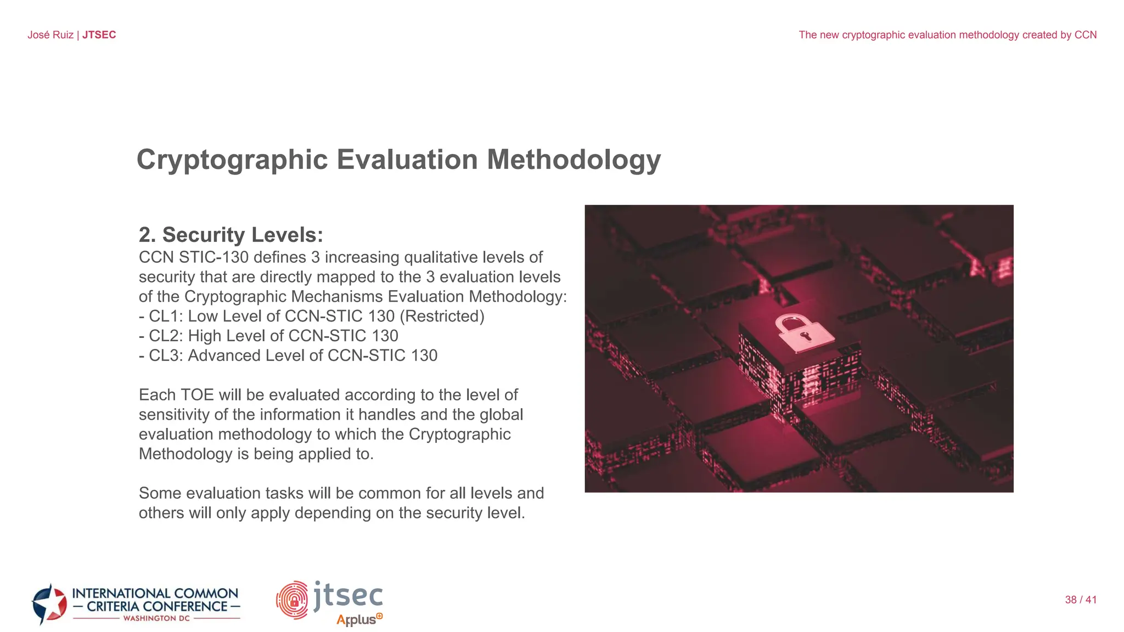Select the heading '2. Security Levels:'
click(231, 235)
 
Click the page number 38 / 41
click(1081, 600)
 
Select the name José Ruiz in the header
click(50, 35)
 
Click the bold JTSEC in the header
click(99, 35)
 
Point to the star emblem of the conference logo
click(49, 604)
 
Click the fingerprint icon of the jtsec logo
click(293, 600)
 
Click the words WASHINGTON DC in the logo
click(156, 618)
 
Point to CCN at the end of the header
click(1085, 35)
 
